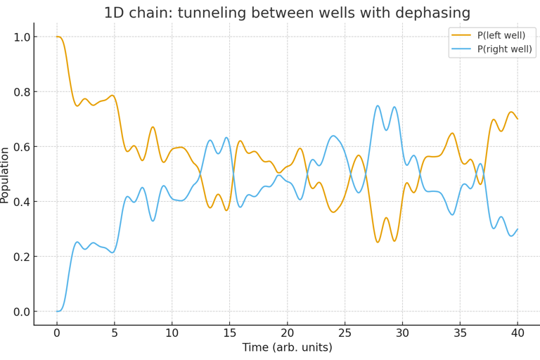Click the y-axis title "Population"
(x=6, y=175)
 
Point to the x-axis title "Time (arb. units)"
(x=287, y=347)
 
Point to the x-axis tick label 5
(x=115, y=333)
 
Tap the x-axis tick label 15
(x=229, y=333)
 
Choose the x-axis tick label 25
(x=345, y=333)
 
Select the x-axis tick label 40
(x=517, y=333)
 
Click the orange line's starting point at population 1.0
(x=57, y=37)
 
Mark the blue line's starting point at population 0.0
(x=57, y=311)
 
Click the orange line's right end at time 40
(x=517, y=118)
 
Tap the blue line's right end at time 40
(x=517, y=229)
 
